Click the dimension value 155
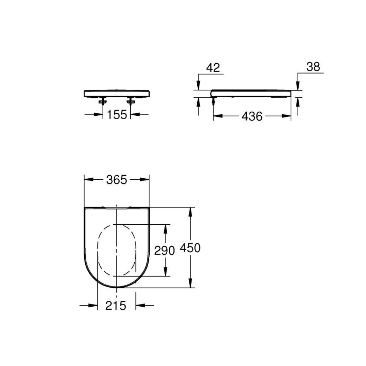pyautogui.click(x=117, y=115)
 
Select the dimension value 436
pyautogui.click(x=252, y=116)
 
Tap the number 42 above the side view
pyautogui.click(x=213, y=68)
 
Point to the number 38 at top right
pyautogui.click(x=313, y=67)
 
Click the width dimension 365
pyautogui.click(x=116, y=180)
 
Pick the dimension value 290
pyautogui.click(x=165, y=251)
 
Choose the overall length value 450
pyautogui.click(x=190, y=248)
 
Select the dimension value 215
pyautogui.click(x=116, y=306)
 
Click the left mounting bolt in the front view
pyautogui.click(x=103, y=101)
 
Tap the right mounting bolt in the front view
pyautogui.click(x=131, y=101)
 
